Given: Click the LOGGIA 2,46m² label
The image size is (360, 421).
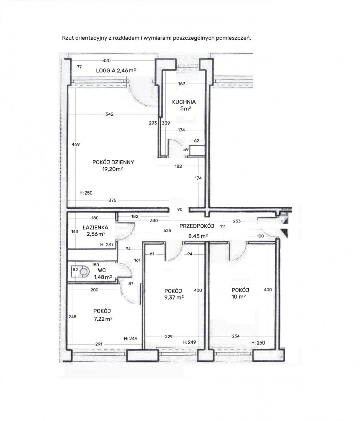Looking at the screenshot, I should point(116,71).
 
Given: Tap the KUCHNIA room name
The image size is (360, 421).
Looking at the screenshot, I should point(184,102).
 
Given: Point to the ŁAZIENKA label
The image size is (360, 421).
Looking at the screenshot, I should point(95,227).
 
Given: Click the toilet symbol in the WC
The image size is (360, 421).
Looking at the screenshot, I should point(84,271).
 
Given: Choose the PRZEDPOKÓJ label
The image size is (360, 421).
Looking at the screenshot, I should point(197,226).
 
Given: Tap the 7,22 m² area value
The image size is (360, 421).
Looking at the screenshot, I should point(103,319).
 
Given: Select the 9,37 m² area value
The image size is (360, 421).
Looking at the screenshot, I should point(174,298).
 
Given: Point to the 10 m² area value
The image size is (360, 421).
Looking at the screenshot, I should point(238,297).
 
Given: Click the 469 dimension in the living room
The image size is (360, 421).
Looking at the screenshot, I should point(76,144).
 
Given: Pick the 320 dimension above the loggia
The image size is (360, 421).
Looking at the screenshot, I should point(106,61).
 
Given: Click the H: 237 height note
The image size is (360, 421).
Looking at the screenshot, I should point(107,245).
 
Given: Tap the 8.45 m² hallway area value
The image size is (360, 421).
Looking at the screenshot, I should point(198,236).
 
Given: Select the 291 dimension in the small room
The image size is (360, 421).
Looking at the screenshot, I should point(99,344).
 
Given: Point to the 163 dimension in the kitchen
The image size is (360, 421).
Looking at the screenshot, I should point(182,84).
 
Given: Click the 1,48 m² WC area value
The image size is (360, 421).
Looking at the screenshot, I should point(103,277).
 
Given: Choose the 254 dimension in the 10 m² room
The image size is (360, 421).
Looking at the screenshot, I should point(236,336).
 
